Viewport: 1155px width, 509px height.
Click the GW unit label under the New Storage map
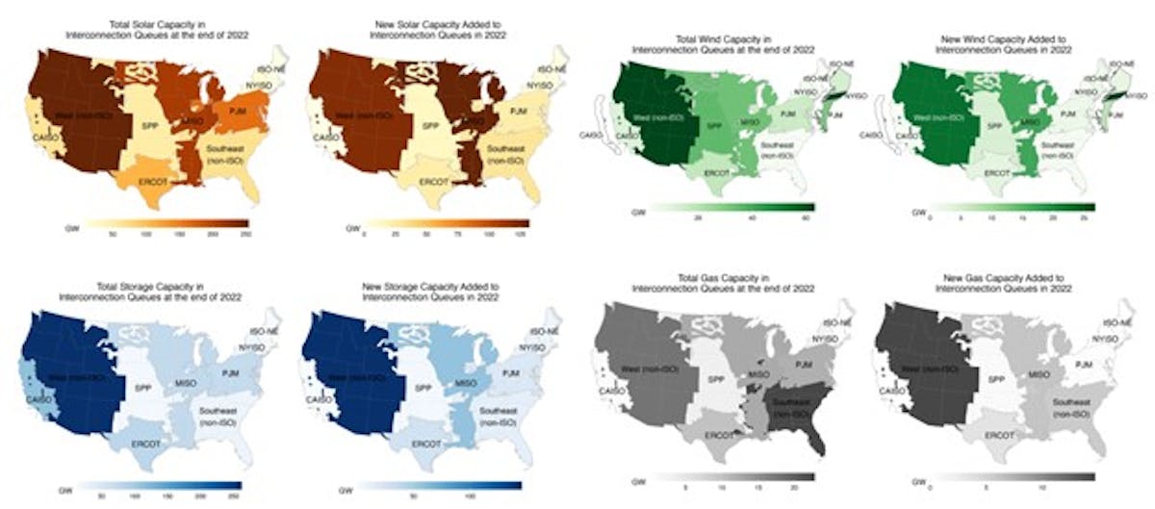pos(345,487)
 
